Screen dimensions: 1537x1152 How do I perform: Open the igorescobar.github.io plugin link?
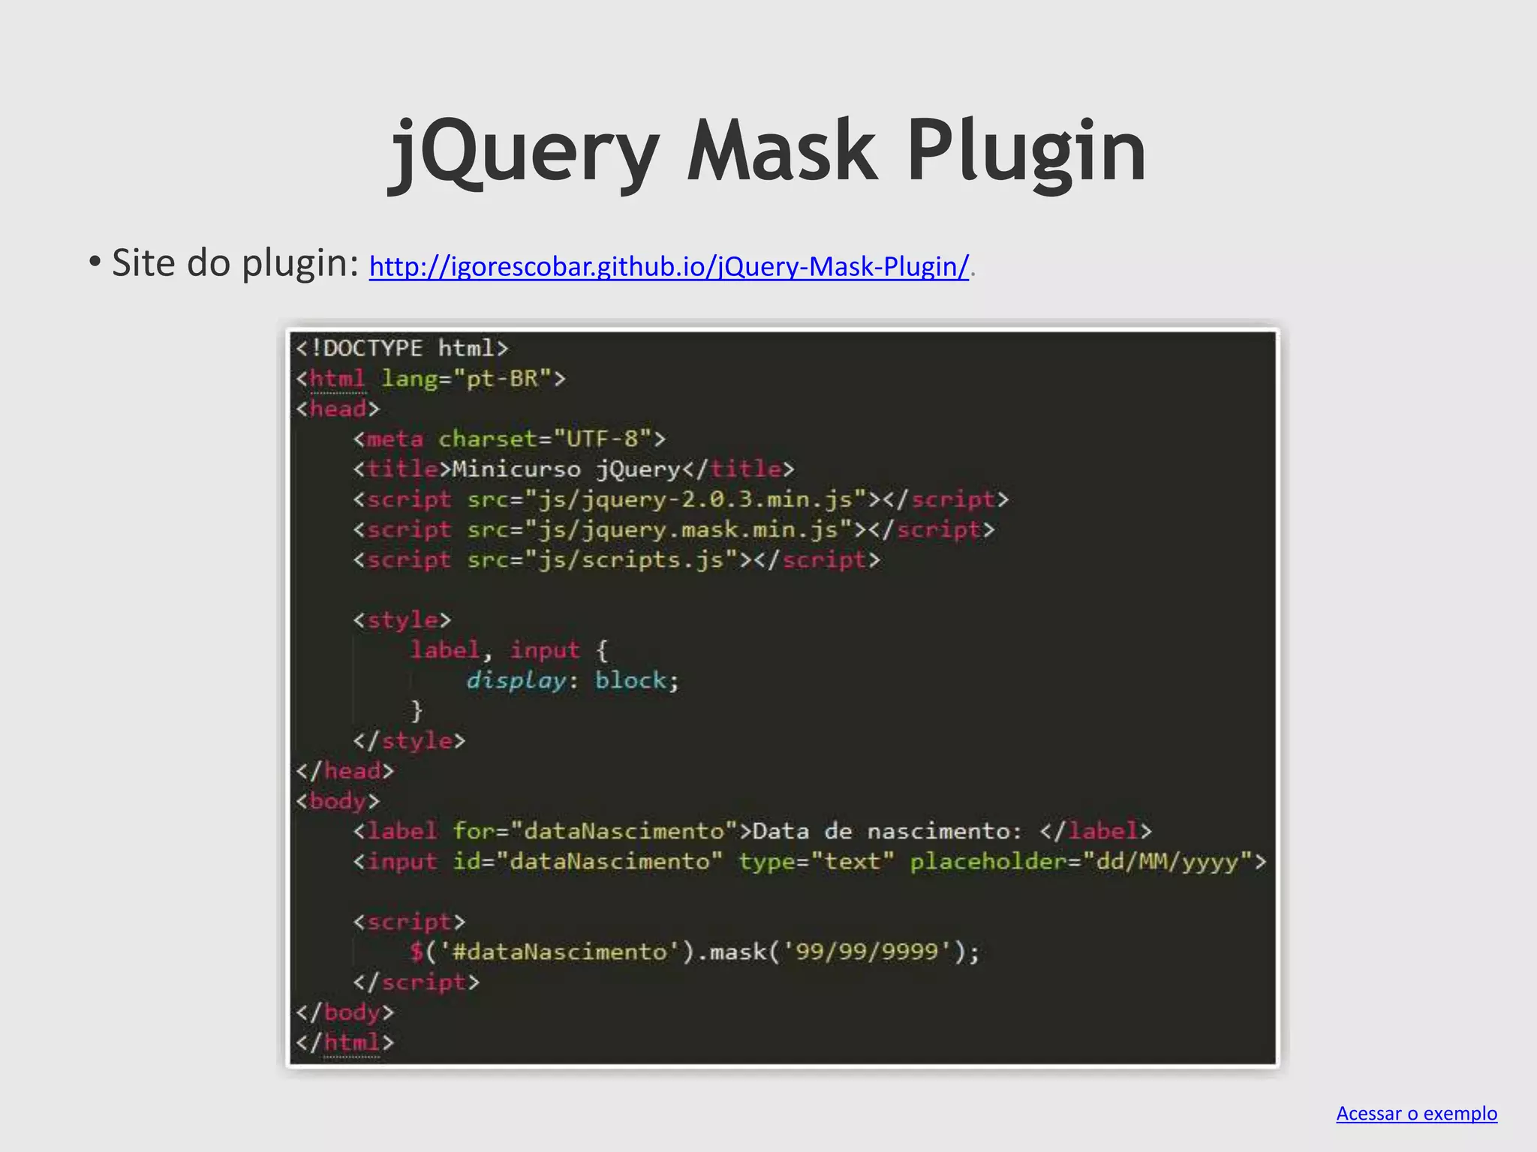669,266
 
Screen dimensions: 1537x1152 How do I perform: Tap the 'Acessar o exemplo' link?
1416,1113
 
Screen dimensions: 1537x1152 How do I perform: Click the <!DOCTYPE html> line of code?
402,348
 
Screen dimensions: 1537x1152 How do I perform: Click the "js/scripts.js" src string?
631,560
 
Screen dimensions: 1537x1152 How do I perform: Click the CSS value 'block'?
630,680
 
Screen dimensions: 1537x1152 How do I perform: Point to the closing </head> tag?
344,771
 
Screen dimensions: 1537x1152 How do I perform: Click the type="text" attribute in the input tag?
816,861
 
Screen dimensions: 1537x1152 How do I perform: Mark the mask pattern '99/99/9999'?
867,952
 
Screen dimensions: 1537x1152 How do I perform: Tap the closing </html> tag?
344,1042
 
